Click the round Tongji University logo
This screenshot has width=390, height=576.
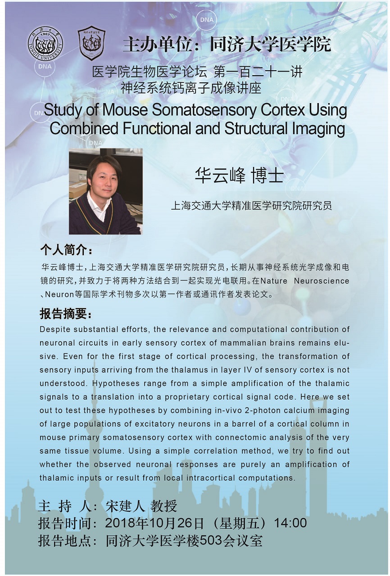45,44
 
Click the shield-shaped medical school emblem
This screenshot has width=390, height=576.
91,43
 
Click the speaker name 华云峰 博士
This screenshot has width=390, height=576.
239,175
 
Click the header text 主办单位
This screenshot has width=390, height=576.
156,45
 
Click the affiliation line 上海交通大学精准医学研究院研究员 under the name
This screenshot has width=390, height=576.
251,206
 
